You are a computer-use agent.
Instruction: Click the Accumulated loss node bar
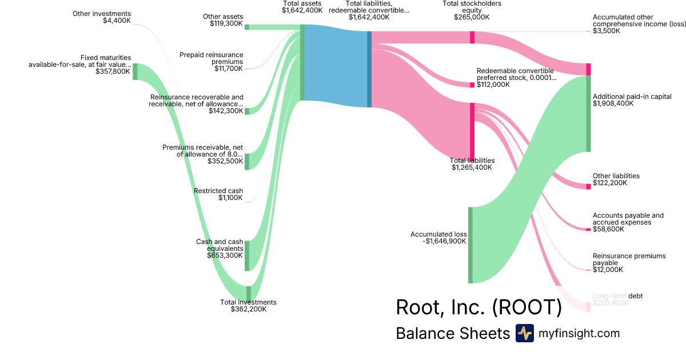pyautogui.click(x=470, y=245)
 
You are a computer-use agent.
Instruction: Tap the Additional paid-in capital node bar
pyautogui.click(x=588, y=113)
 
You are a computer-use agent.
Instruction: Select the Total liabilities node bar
pyautogui.click(x=472, y=131)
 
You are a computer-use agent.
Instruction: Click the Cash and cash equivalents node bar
pyautogui.click(x=247, y=255)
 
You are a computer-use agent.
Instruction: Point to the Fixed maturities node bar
pyautogui.click(x=135, y=72)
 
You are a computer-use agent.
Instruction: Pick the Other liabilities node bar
pyautogui.click(x=588, y=186)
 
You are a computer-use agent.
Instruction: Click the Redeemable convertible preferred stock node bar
pyautogui.click(x=472, y=85)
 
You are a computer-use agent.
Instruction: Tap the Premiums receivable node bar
pyautogui.click(x=247, y=161)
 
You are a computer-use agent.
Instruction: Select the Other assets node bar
pyautogui.click(x=247, y=27)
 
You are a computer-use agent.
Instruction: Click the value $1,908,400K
pyautogui.click(x=613, y=104)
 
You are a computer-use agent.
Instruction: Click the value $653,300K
pyautogui.click(x=225, y=255)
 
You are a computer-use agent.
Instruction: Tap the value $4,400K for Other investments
pyautogui.click(x=117, y=21)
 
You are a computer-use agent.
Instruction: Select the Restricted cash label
pyautogui.click(x=218, y=191)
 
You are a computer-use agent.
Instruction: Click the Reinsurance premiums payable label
pyautogui.click(x=621, y=259)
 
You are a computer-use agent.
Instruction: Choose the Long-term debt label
pyautogui.click(x=618, y=296)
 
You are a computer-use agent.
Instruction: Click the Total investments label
pyautogui.click(x=248, y=302)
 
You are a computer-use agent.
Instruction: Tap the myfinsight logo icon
pyautogui.click(x=525, y=333)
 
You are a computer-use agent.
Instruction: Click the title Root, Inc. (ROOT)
pyautogui.click(x=478, y=307)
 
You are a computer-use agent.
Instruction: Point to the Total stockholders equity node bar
pyautogui.click(x=472, y=37)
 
